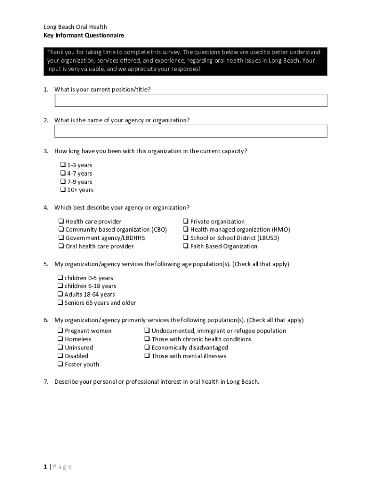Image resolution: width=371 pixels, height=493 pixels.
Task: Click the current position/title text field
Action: tap(191, 100)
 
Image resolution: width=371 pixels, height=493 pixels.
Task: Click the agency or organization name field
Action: tap(191, 131)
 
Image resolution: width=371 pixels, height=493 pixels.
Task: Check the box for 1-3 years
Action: tap(63, 165)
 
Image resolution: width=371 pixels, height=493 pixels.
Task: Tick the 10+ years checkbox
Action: tap(63, 190)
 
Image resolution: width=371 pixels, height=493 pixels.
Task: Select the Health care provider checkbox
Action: tap(61, 221)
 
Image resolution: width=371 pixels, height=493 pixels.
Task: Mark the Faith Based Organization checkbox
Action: tap(185, 246)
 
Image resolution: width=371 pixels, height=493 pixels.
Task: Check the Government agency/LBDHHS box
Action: tap(61, 238)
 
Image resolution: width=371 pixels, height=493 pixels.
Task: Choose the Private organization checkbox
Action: tap(185, 221)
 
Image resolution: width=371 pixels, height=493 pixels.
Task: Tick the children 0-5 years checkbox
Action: tap(60, 278)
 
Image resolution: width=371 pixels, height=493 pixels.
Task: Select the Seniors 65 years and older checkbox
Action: tap(60, 303)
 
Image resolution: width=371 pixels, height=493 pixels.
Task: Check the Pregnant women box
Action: tap(61, 331)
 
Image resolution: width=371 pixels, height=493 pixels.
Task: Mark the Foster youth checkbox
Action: tap(61, 364)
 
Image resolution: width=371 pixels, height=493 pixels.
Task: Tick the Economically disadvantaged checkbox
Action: tap(147, 348)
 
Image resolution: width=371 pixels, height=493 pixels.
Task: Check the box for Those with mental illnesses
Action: tap(147, 356)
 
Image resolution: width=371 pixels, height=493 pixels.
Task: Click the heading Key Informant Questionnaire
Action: tap(84, 36)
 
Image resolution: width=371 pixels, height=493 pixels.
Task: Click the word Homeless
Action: tap(78, 339)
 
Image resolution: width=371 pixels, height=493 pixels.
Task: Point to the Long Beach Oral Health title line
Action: tap(75, 27)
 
